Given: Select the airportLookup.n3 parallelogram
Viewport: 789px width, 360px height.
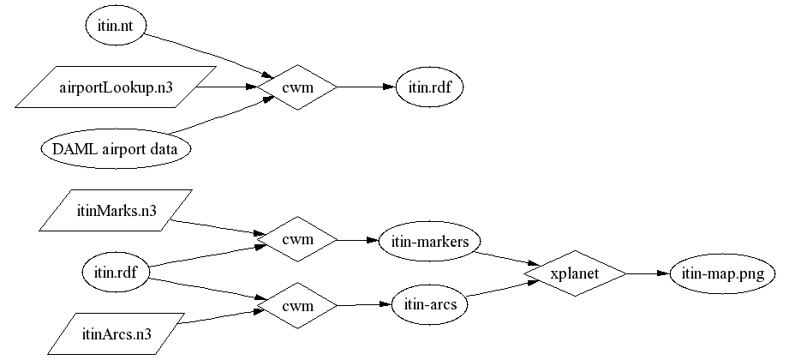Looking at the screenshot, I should [x=116, y=87].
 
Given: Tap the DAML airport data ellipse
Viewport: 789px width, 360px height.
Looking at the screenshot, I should [x=116, y=149].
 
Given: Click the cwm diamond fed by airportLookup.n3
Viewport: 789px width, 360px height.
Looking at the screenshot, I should [x=297, y=87].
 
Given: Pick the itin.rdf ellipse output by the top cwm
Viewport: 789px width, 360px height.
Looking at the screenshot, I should [x=429, y=87].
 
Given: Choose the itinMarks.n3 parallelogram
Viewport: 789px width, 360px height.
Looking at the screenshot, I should [x=116, y=211].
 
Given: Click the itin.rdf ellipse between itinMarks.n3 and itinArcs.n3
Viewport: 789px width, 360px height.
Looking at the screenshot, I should [x=117, y=273].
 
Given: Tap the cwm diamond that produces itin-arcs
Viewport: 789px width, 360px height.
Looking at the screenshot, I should [x=297, y=304].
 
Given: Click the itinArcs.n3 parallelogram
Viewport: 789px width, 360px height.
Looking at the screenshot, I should [x=116, y=335].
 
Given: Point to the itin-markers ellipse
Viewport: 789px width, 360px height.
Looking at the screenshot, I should [x=429, y=242].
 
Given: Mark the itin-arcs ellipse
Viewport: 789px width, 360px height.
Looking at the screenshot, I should [x=429, y=304].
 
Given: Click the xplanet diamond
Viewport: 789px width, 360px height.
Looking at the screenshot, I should [x=575, y=273].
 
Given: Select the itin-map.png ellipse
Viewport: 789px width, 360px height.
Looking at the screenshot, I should [x=722, y=273].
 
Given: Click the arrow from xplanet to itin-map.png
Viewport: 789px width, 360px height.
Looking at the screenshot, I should [x=647, y=273].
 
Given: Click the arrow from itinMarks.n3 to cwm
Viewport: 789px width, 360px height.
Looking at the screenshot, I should [x=214, y=227].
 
